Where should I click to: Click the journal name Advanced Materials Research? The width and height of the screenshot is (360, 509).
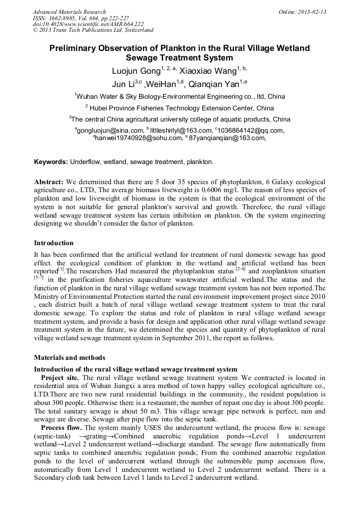(69, 12)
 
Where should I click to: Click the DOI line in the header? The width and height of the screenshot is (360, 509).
(88, 24)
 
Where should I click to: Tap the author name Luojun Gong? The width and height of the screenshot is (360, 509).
(132, 71)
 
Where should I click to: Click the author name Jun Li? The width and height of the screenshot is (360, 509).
(122, 84)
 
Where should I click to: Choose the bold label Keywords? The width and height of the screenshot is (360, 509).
(52, 161)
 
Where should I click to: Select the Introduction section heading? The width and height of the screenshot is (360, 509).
(54, 243)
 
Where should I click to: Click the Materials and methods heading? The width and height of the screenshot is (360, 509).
(70, 358)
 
